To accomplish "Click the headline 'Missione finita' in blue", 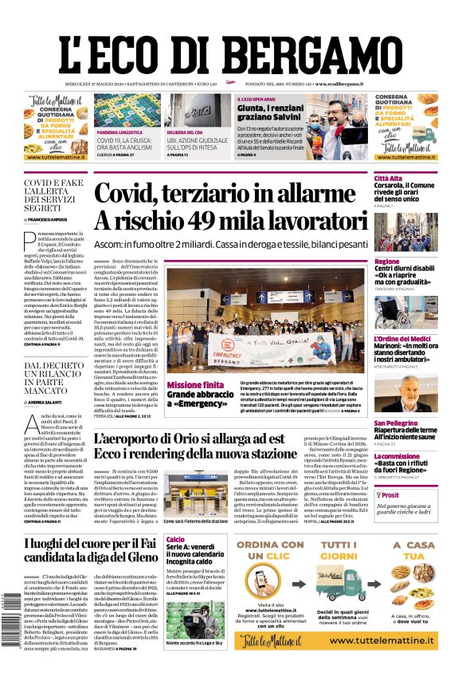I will click(195, 385).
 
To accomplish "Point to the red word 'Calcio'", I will click(175, 540).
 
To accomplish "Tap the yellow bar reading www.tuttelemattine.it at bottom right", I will click(393, 640).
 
